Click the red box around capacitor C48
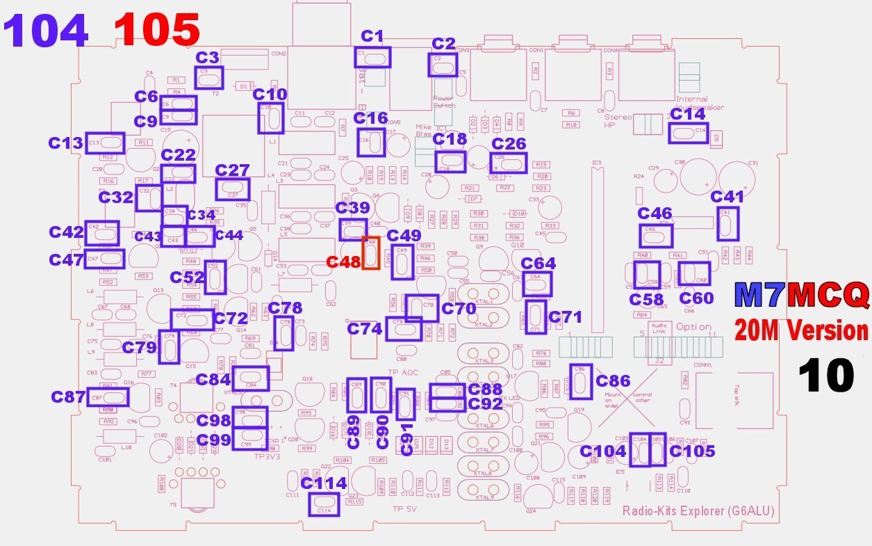[370, 253]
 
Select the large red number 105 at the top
[158, 31]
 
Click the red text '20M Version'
[801, 331]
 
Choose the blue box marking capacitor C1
[373, 57]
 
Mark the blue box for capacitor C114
[323, 504]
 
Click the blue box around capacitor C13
[105, 143]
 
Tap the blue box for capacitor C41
[727, 223]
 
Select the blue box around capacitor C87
[108, 397]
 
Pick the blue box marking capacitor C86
[581, 381]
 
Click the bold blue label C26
[509, 144]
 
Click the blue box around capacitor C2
[443, 65]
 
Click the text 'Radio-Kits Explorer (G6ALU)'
[698, 511]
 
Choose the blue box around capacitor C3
[210, 77]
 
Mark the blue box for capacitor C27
[233, 188]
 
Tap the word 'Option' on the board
[693, 326]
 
